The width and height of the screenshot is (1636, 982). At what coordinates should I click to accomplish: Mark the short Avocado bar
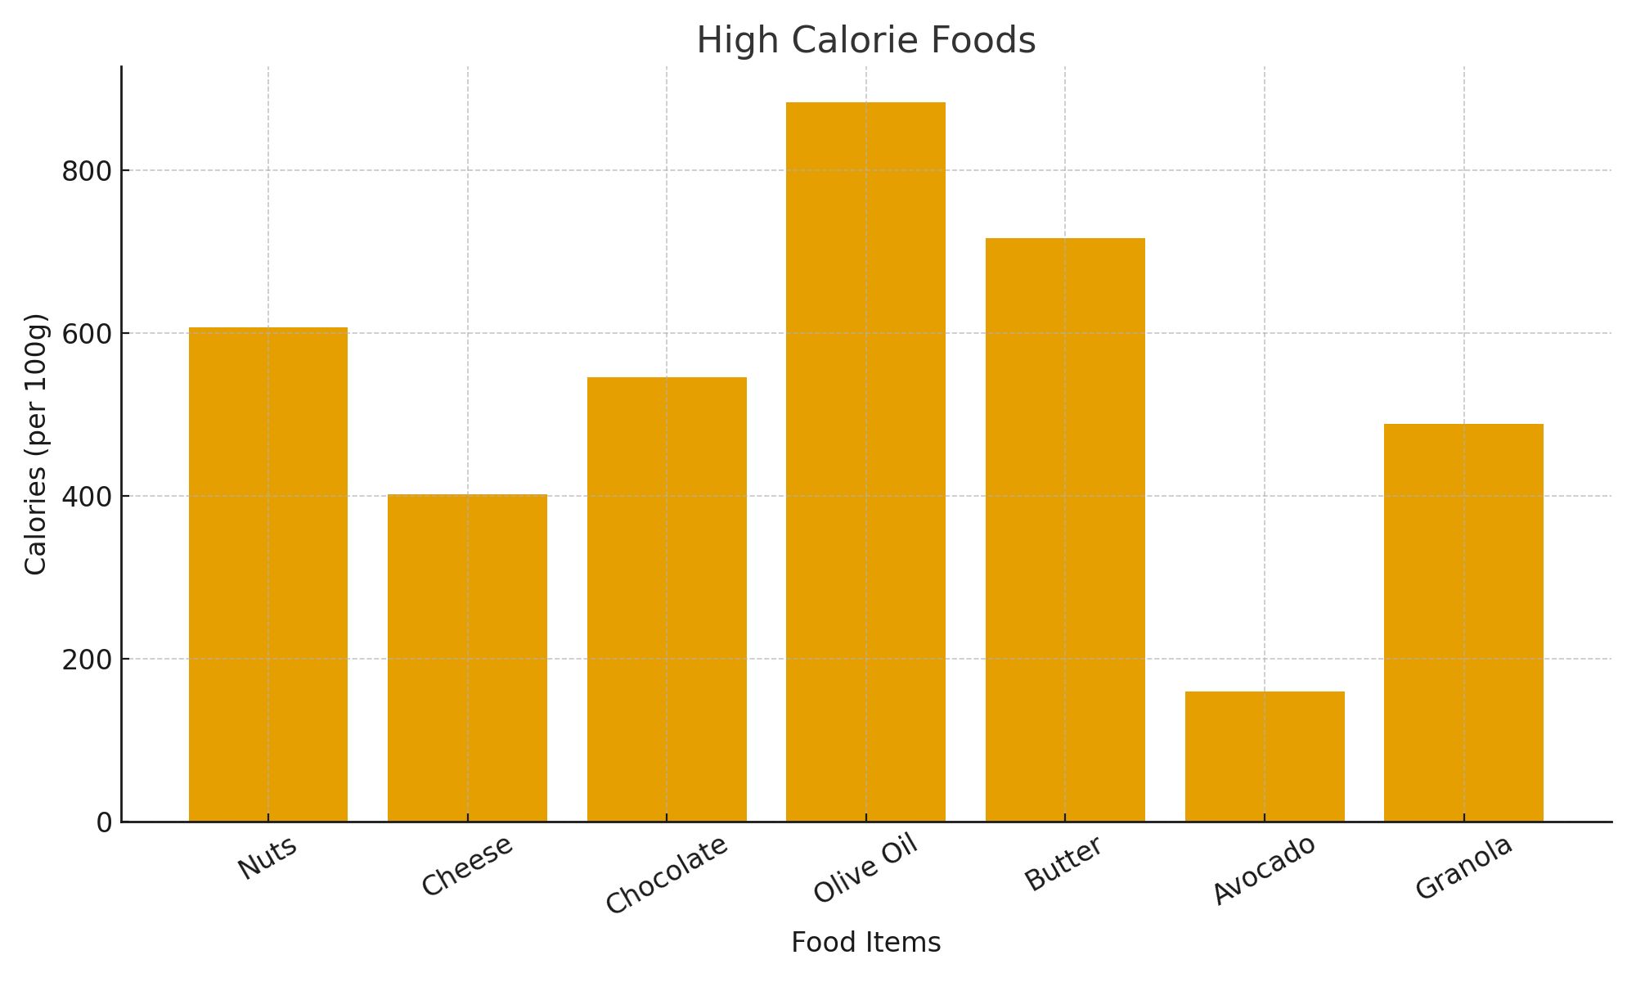click(x=1265, y=756)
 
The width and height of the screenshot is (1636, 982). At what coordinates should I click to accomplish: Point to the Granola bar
click(x=1463, y=622)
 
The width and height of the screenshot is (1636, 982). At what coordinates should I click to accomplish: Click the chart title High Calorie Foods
click(x=866, y=41)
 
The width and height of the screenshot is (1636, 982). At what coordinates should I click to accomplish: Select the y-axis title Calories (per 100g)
click(x=36, y=444)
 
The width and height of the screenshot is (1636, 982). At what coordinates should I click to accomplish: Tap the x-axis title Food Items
click(x=865, y=943)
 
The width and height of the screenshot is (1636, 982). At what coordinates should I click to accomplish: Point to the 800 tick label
click(x=87, y=172)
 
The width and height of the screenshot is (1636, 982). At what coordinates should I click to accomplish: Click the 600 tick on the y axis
click(x=87, y=334)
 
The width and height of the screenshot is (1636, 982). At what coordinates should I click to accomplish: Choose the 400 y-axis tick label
click(x=87, y=497)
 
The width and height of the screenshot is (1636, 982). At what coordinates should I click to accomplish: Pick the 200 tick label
click(x=87, y=660)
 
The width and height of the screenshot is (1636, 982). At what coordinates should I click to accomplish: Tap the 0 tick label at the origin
click(x=104, y=822)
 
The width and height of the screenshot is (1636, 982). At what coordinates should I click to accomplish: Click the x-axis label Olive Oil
click(x=865, y=869)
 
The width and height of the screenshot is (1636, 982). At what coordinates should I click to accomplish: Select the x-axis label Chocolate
click(x=667, y=874)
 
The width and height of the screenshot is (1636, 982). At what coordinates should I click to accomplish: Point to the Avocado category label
click(x=1265, y=869)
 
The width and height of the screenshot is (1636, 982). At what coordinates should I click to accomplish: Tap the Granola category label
click(x=1463, y=867)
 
